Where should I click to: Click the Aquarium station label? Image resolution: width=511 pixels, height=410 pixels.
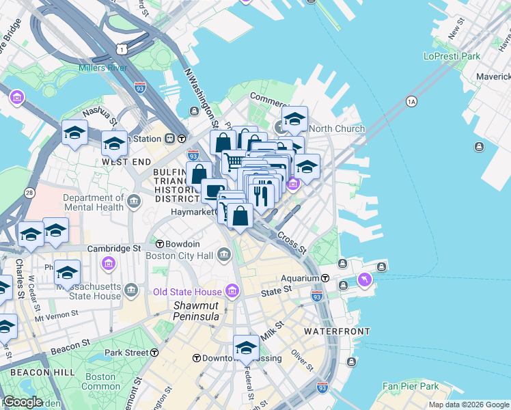(301, 278)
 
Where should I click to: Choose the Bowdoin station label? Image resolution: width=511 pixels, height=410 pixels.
(182, 244)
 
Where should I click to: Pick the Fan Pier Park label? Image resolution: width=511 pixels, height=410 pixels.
(411, 386)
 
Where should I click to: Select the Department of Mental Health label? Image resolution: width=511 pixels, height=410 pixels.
(92, 202)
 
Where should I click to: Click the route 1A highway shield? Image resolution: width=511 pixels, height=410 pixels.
(411, 102)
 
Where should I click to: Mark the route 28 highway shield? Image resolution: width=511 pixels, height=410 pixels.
(29, 193)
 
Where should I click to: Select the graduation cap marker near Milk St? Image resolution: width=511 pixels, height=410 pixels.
(246, 347)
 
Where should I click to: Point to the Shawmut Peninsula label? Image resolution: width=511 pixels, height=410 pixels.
(195, 312)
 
